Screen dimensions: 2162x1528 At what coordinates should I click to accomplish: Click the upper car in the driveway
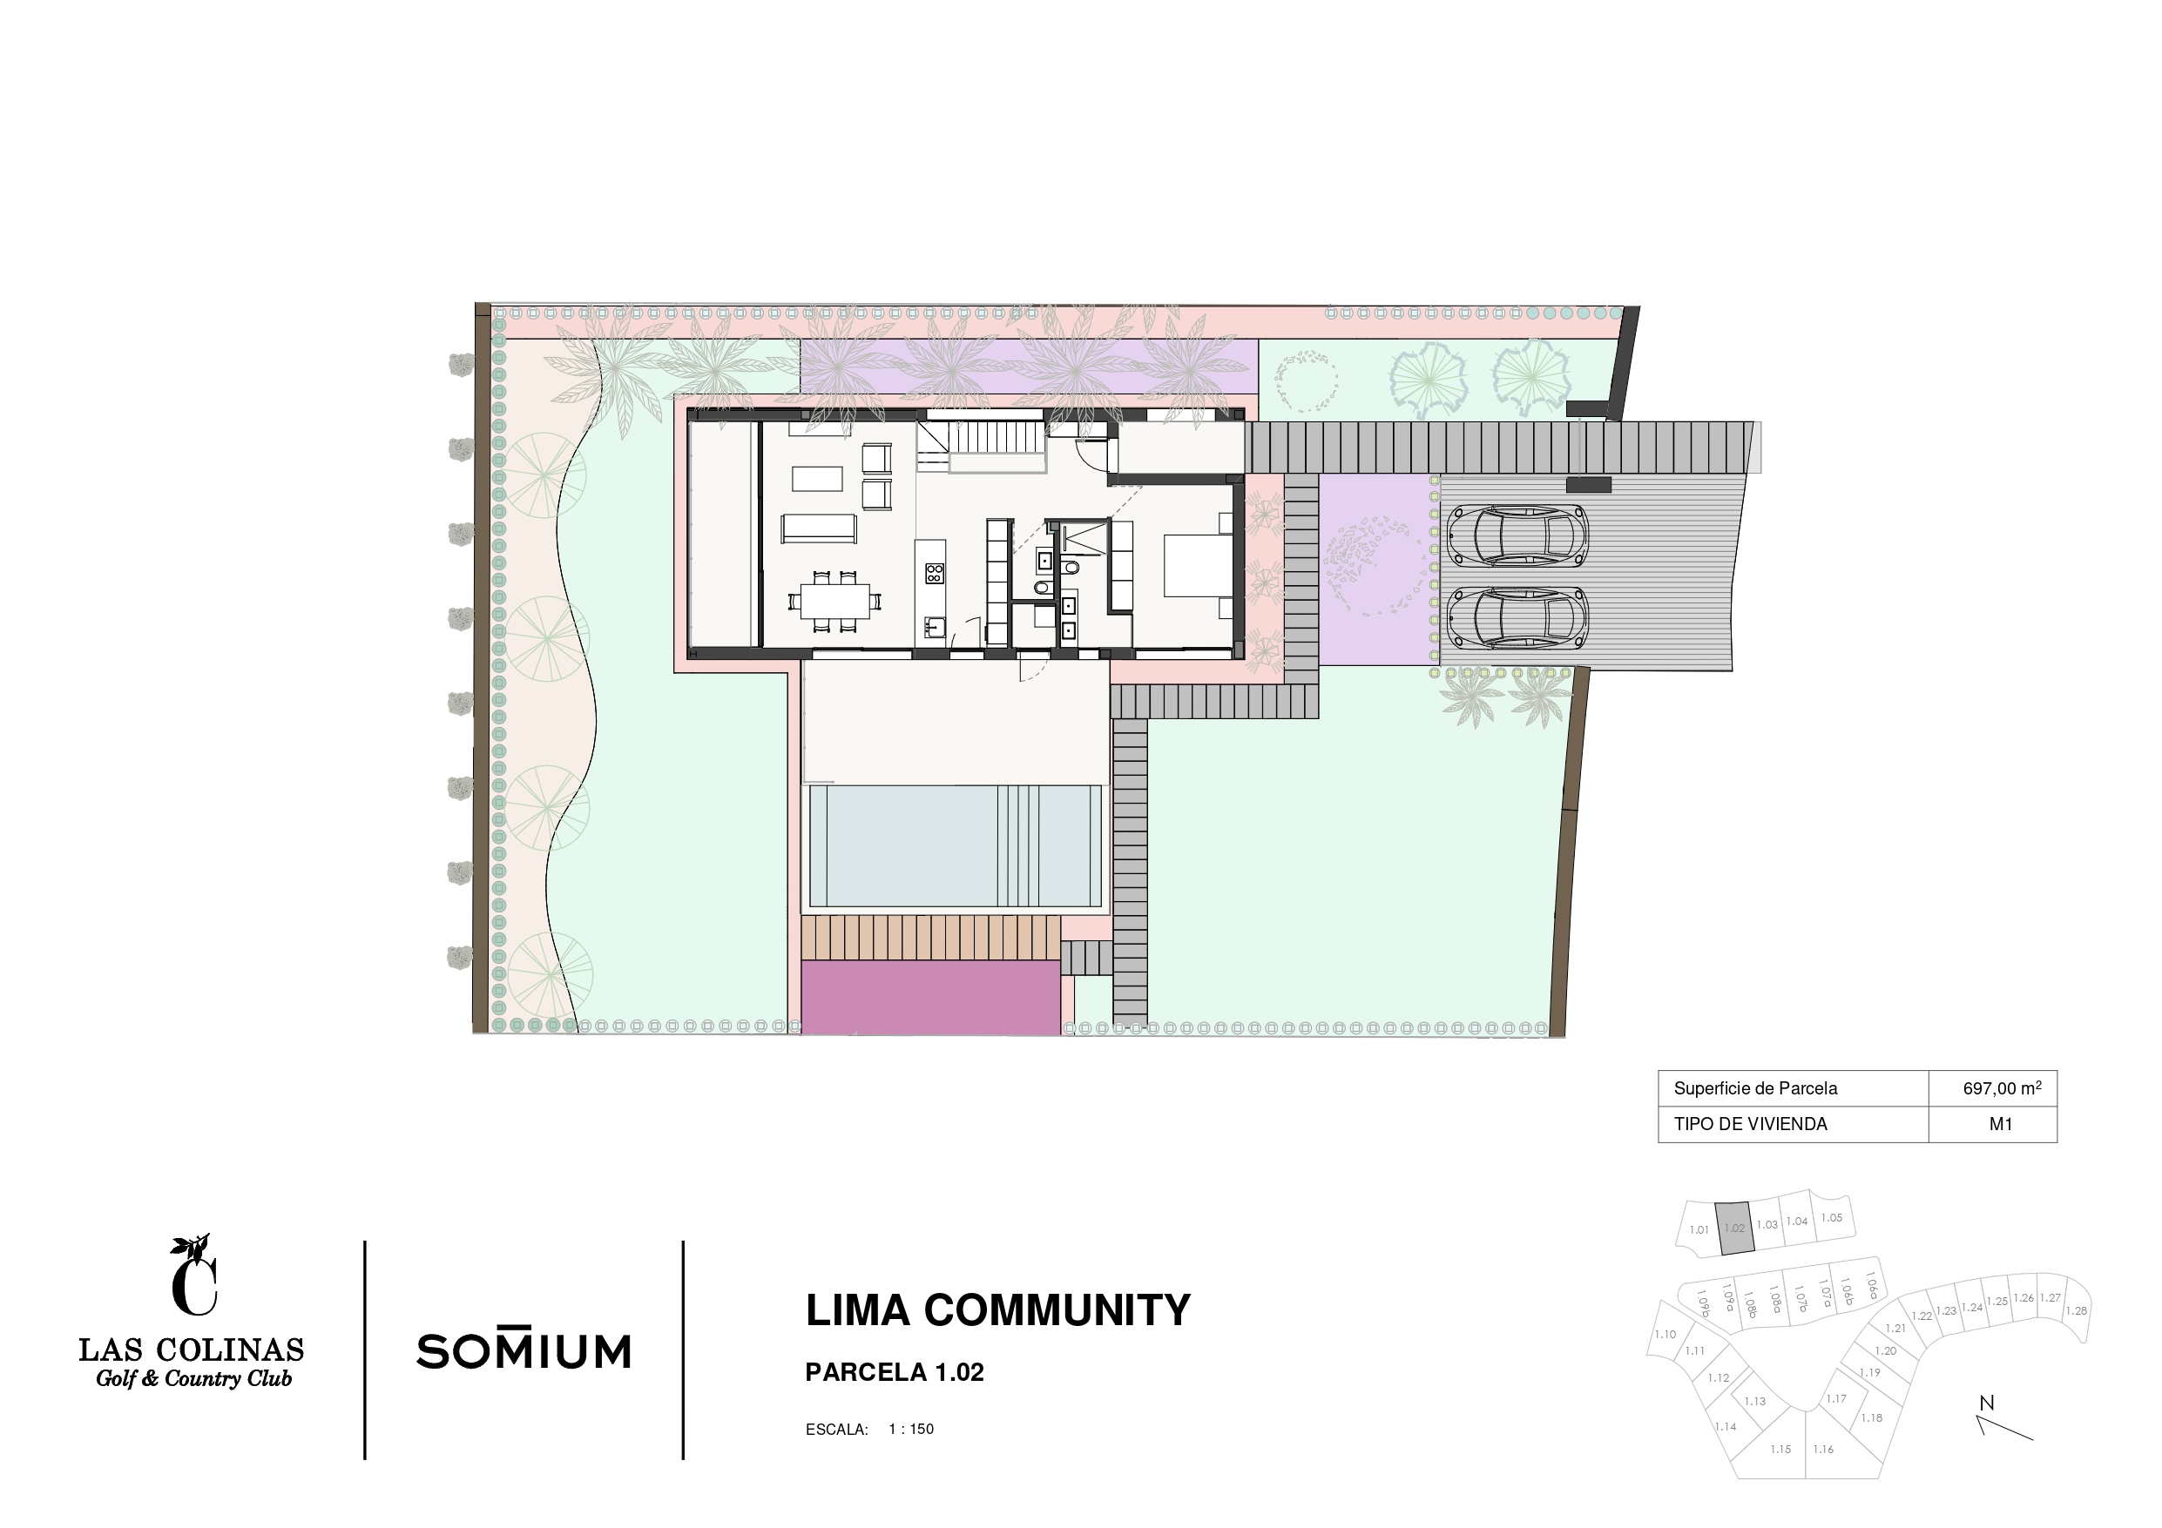pyautogui.click(x=1517, y=535)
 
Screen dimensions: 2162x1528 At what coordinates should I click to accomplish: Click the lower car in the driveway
pyautogui.click(x=1517, y=617)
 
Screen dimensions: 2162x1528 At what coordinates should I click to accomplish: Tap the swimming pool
pyautogui.click(x=955, y=845)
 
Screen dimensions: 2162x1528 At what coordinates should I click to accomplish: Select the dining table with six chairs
pyautogui.click(x=835, y=599)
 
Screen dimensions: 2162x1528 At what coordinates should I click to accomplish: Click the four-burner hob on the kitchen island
pyautogui.click(x=934, y=572)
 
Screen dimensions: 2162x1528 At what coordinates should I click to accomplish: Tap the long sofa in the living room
pyautogui.click(x=818, y=528)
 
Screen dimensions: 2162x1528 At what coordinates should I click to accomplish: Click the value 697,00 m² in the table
pyautogui.click(x=2002, y=1088)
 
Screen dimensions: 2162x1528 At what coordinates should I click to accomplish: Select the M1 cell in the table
pyautogui.click(x=2000, y=1124)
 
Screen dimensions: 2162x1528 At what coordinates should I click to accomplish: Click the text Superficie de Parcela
pyautogui.click(x=1755, y=1088)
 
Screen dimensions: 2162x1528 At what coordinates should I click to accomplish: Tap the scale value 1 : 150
pyautogui.click(x=910, y=1429)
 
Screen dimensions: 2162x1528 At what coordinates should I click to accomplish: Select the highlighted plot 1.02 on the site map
pyautogui.click(x=1734, y=1228)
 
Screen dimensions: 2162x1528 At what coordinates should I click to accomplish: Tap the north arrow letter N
pyautogui.click(x=1987, y=1403)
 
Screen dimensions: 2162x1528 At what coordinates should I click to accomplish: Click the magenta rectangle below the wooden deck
pyautogui.click(x=930, y=997)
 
